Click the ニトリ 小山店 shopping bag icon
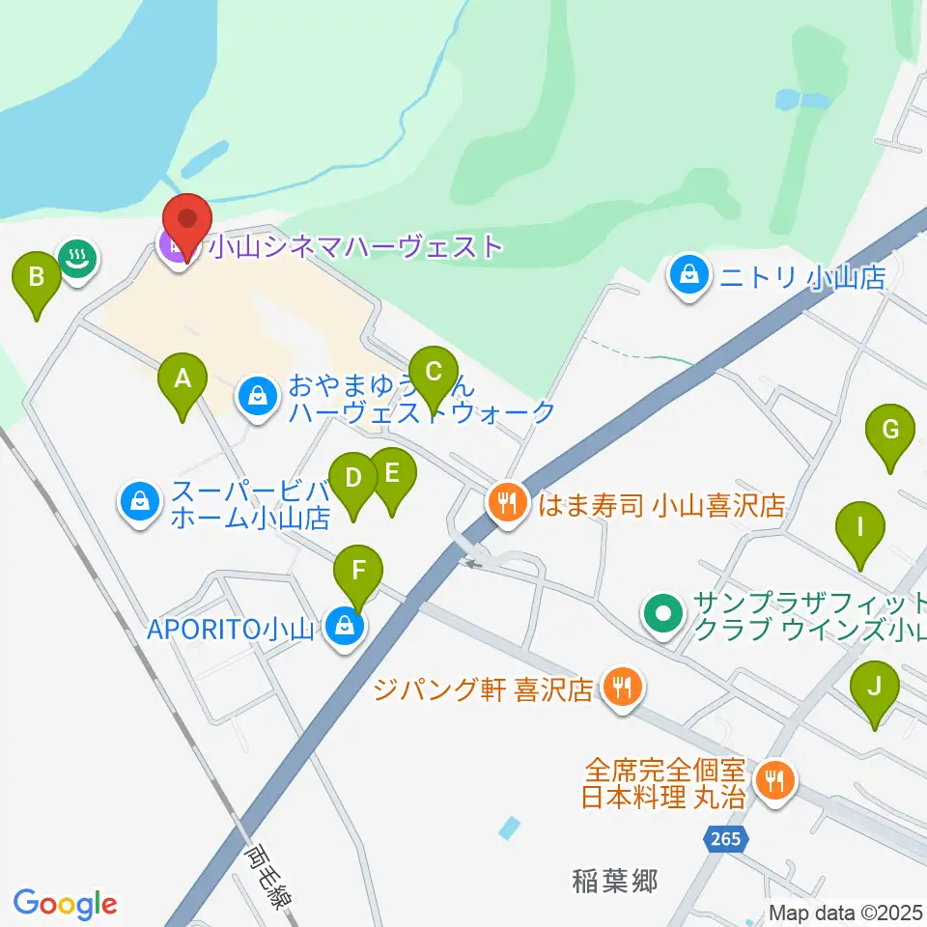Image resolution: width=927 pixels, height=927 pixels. coord(689,276)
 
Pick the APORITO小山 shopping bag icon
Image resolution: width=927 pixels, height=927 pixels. coord(341,629)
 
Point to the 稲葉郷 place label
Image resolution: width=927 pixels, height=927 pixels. coord(615,881)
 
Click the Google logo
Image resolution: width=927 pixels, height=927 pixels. coord(65,903)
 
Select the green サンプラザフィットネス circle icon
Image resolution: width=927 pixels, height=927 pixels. coord(663,611)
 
